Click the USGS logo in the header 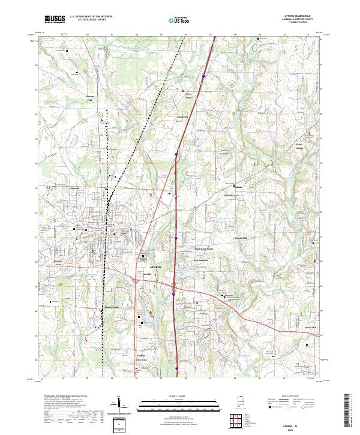55,19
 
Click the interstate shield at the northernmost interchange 203,76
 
